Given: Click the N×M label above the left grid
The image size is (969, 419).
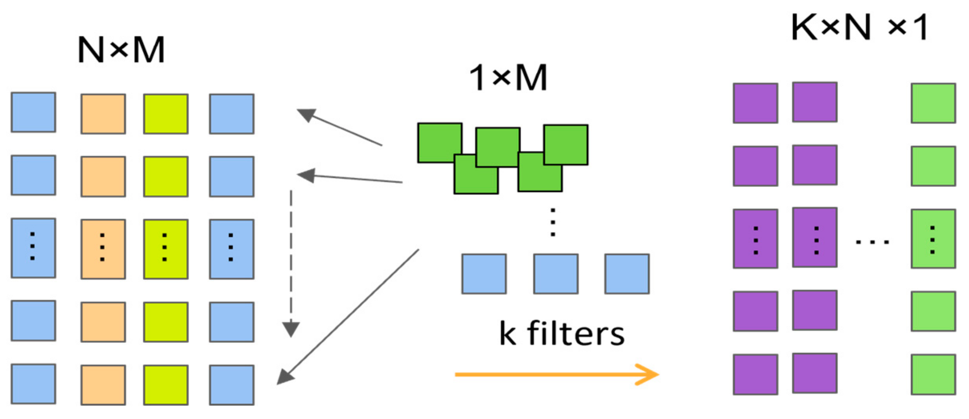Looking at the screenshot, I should click(x=121, y=50).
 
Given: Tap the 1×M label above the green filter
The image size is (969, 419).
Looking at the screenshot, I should click(x=508, y=78).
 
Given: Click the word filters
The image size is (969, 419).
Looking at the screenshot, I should click(x=576, y=334).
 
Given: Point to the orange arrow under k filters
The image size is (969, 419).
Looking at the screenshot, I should click(x=556, y=374).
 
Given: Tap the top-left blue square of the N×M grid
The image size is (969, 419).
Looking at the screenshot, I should click(x=33, y=112).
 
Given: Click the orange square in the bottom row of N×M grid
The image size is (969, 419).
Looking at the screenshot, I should click(x=103, y=385).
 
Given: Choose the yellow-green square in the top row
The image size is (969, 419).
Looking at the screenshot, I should click(x=166, y=114).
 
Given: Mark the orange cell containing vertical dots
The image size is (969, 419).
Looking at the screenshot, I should click(x=103, y=249).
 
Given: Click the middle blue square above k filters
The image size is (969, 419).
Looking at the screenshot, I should click(x=556, y=274).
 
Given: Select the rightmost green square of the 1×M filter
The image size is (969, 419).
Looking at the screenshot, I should click(x=566, y=145).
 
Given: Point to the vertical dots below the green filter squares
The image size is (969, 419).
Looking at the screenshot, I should click(x=553, y=222).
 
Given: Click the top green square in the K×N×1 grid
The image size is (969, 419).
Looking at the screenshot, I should click(x=933, y=103).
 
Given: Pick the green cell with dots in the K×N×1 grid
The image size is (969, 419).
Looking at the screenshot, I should click(x=933, y=239).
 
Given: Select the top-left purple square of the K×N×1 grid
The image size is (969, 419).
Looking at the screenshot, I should click(x=755, y=103).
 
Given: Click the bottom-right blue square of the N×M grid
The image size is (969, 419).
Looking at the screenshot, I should click(x=232, y=385).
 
